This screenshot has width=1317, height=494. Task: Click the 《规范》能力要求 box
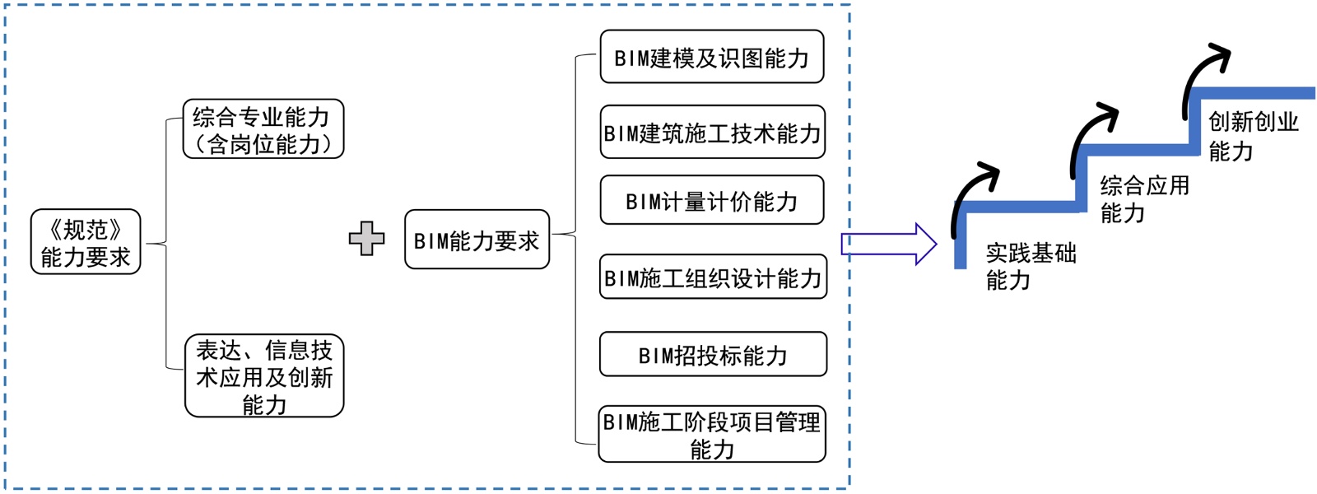tap(86, 242)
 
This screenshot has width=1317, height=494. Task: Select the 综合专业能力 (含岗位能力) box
tap(263, 129)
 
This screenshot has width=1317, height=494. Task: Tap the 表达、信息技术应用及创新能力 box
tap(264, 376)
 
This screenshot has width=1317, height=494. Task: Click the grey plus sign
tap(366, 239)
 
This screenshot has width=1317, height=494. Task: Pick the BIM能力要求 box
tap(477, 240)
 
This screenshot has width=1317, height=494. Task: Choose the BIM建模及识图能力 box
tap(712, 57)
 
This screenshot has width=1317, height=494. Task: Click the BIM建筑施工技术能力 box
tap(712, 132)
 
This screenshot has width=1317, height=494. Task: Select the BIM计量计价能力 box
tap(712, 200)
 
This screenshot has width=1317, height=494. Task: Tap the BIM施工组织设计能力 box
tap(713, 277)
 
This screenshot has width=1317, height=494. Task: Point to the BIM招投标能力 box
tap(713, 355)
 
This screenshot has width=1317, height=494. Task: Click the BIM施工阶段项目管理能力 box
tap(712, 435)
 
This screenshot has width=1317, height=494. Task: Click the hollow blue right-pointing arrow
tap(888, 245)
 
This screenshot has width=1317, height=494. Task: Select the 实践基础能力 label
tap(1030, 266)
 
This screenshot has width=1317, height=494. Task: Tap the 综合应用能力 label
tap(1144, 198)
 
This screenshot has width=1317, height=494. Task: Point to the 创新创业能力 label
tap(1252, 136)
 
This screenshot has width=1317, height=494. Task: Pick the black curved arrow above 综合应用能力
tap(1089, 134)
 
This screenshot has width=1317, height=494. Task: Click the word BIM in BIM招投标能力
tap(655, 356)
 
